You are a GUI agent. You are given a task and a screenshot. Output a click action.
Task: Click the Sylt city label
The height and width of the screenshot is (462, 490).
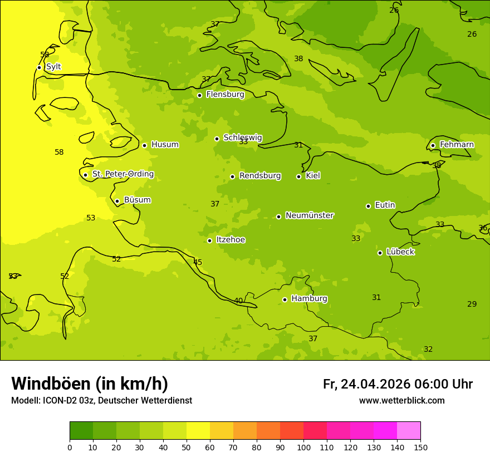click(x=53, y=67)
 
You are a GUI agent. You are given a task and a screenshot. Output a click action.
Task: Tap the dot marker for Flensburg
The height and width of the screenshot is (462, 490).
click(x=199, y=95)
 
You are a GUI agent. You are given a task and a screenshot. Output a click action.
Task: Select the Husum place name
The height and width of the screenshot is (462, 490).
click(x=165, y=145)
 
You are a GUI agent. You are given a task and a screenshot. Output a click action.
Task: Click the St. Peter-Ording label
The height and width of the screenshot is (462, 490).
click(x=123, y=174)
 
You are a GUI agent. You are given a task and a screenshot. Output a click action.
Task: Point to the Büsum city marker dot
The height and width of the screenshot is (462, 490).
click(x=117, y=201)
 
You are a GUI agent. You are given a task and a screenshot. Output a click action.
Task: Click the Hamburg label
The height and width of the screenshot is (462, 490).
click(x=309, y=299)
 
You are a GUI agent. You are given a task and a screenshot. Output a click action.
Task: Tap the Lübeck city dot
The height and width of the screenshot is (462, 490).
click(x=380, y=253)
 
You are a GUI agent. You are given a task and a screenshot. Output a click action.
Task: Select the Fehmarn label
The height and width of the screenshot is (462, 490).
click(x=457, y=145)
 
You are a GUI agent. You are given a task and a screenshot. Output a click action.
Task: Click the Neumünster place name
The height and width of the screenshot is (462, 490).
click(x=310, y=215)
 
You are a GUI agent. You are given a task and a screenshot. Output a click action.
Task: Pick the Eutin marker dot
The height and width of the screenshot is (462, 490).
click(x=368, y=206)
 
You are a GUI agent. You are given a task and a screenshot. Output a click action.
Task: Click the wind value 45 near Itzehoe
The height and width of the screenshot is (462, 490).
click(x=198, y=263)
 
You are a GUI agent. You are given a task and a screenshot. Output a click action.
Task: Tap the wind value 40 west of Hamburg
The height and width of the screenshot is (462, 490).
click(x=238, y=301)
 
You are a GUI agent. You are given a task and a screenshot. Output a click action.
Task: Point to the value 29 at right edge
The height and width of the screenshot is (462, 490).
click(x=472, y=304)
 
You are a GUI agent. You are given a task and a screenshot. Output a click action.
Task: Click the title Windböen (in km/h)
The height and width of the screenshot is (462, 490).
click(x=90, y=384)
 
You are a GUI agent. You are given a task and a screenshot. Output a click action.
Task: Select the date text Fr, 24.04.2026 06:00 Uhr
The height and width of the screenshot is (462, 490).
click(x=398, y=384)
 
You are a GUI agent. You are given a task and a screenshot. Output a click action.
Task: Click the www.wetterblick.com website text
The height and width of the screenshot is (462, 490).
click(x=401, y=401)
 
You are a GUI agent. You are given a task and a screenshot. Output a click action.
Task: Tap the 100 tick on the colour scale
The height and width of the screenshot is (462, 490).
click(x=303, y=447)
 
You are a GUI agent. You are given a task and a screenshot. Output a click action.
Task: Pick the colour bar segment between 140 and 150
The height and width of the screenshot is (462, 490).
click(x=409, y=431)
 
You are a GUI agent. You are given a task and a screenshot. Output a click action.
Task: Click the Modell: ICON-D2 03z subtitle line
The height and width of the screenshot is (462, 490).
click(x=101, y=401)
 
